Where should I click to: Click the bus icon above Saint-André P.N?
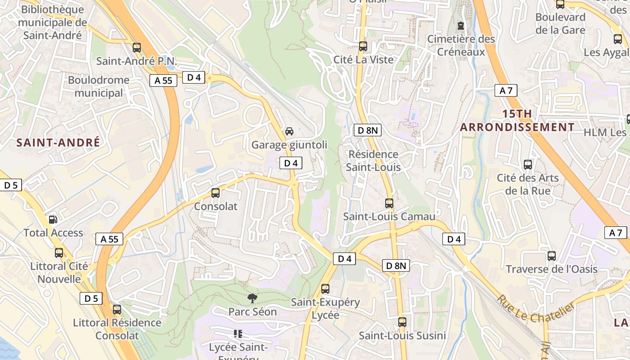tap(137, 47)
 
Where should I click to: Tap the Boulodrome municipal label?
tap(99, 87)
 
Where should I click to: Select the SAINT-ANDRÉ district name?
tap(58, 143)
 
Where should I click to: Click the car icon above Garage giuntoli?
tap(289, 131)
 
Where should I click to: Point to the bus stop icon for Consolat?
tap(216, 193)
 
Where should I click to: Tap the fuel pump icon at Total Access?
tap(53, 220)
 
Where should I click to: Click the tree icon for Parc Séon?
tap(252, 298)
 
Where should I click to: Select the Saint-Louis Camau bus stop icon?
tap(389, 203)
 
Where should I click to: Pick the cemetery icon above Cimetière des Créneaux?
tap(460, 26)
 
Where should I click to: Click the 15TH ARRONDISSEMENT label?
tap(517, 121)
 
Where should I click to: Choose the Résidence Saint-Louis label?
tap(373, 161)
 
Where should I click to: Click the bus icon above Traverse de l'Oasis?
tap(552, 256)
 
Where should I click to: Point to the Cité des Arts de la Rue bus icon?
tap(528, 165)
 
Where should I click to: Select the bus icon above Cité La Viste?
tap(363, 46)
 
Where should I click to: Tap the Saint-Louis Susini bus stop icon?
tap(402, 322)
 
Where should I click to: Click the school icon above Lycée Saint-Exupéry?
tap(238, 334)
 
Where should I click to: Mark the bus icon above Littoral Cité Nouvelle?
tap(59, 253)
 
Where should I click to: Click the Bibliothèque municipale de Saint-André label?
tap(53, 22)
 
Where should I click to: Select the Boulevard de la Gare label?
tap(560, 24)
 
